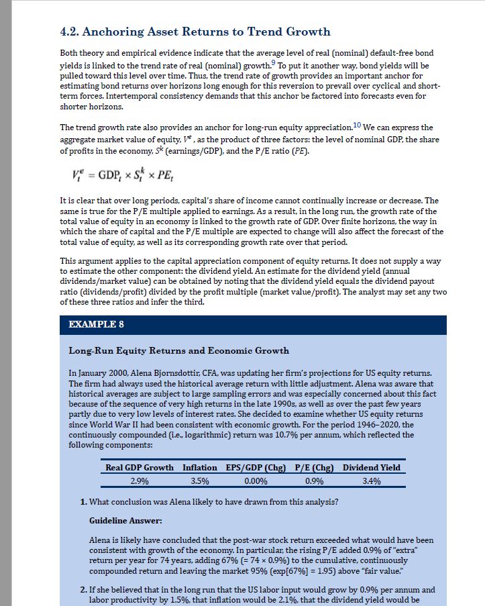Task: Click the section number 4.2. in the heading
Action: click(72, 32)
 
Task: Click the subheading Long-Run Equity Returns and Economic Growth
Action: click(179, 350)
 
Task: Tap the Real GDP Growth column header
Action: click(140, 467)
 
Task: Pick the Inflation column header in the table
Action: click(200, 467)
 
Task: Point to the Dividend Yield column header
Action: click(372, 467)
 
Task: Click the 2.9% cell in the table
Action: click(139, 481)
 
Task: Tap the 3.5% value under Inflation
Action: click(200, 481)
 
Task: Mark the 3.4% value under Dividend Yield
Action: click(372, 481)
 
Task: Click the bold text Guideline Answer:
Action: click(122, 521)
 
